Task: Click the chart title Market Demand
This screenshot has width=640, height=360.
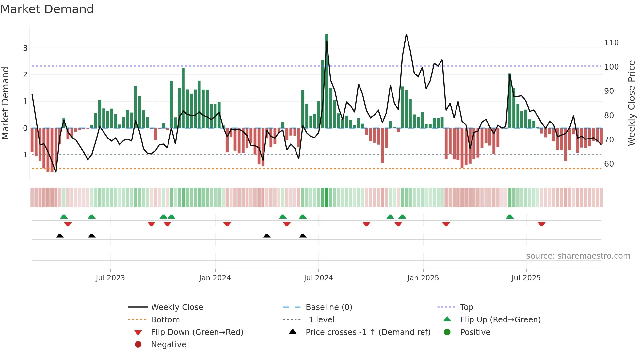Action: click(x=47, y=9)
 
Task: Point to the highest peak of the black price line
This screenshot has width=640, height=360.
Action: click(x=406, y=34)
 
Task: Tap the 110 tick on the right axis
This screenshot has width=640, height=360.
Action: click(x=611, y=43)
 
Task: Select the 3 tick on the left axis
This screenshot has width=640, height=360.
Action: click(x=25, y=48)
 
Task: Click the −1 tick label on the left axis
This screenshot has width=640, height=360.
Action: click(x=22, y=155)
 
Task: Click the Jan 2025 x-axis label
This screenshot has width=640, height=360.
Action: click(x=423, y=278)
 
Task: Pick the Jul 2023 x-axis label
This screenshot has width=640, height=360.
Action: click(x=110, y=278)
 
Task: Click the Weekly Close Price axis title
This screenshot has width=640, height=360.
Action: click(x=632, y=103)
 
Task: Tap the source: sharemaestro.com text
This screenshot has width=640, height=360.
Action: click(x=578, y=256)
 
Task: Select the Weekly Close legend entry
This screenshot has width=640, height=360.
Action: click(x=177, y=307)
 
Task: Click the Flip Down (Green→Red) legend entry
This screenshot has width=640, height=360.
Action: click(x=197, y=332)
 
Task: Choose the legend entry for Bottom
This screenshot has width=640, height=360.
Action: click(x=165, y=320)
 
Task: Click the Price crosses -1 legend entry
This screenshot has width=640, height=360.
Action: click(x=368, y=332)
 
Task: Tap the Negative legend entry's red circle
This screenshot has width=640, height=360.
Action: click(x=138, y=345)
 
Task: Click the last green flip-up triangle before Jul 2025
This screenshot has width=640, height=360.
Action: click(x=510, y=217)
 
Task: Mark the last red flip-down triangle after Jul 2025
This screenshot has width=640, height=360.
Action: click(x=542, y=224)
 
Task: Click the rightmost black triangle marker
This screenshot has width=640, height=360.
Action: click(x=303, y=236)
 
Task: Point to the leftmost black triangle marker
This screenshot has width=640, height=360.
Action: click(x=60, y=236)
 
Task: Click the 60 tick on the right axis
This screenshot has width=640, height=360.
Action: click(x=609, y=164)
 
